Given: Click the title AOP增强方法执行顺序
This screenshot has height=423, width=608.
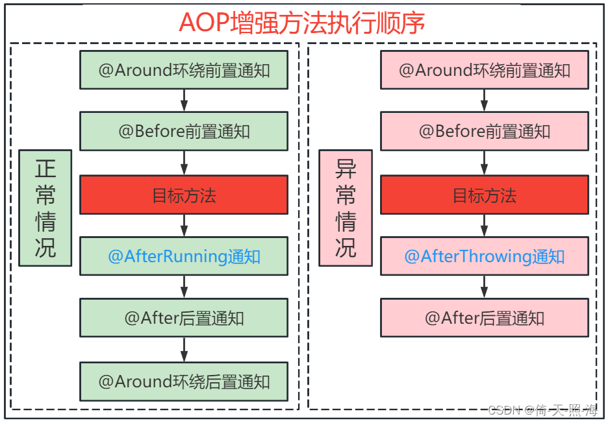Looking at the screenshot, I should [302, 22].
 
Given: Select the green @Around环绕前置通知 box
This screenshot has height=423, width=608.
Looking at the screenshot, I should [184, 70].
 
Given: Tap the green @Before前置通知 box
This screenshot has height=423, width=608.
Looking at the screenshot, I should [184, 132].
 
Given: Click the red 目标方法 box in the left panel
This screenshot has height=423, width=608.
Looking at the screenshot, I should [184, 195].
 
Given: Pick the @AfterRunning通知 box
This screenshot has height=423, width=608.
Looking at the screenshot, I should [184, 256].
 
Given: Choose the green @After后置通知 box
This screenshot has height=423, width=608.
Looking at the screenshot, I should [184, 318].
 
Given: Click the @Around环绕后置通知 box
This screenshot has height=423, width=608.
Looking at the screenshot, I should [184, 381].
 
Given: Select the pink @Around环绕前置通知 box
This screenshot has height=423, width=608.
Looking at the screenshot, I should [485, 70].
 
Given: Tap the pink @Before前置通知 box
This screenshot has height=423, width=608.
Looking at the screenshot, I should [485, 132].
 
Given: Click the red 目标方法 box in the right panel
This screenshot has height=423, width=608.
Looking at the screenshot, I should [485, 195].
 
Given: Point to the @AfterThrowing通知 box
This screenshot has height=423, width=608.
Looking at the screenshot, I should [485, 256].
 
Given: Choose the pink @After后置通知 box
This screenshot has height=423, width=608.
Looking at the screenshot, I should [485, 318].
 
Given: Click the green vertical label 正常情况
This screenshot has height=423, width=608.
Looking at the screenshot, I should [45, 208].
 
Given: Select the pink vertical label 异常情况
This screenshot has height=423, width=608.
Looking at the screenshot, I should [346, 208].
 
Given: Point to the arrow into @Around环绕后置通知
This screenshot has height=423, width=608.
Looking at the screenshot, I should [184, 350].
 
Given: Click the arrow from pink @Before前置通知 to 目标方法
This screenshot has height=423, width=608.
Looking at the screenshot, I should [485, 163].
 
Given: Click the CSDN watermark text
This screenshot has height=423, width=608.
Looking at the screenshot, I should [543, 410].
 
